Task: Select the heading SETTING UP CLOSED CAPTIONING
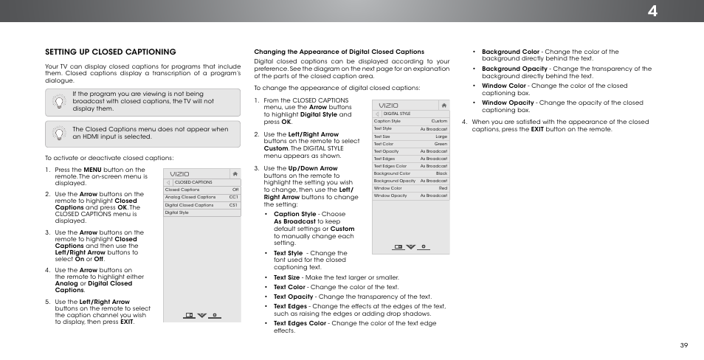(110, 52)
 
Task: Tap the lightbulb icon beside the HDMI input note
(58, 132)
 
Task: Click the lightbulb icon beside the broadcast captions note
(58, 102)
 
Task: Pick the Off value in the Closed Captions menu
(235, 190)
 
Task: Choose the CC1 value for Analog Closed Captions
(233, 197)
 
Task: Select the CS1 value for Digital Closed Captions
(233, 205)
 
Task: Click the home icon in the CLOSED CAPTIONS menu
(234, 174)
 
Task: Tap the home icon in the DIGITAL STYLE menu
(443, 105)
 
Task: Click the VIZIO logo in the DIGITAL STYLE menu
(388, 106)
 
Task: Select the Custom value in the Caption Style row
(439, 121)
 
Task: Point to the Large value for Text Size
(441, 136)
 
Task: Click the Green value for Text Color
(441, 144)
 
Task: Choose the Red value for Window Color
(442, 188)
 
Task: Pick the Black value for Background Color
(441, 173)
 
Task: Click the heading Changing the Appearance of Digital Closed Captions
(339, 52)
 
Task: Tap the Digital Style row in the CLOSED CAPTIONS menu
(177, 212)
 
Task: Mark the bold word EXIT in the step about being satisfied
(537, 129)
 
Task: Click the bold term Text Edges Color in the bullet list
(300, 323)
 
